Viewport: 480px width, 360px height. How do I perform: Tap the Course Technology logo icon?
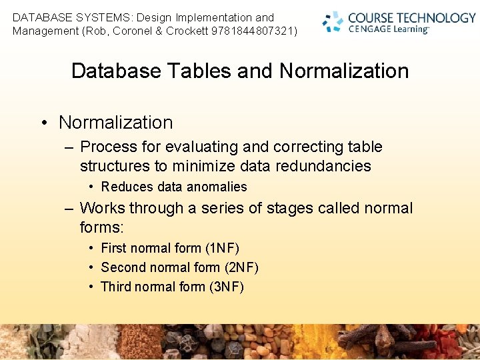(x=333, y=21)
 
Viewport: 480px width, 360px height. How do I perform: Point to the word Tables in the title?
(x=200, y=71)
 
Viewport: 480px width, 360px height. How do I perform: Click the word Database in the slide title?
(x=116, y=71)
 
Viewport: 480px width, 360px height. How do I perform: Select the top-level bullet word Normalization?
(x=116, y=122)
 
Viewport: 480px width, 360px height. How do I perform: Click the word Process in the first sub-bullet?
(x=109, y=146)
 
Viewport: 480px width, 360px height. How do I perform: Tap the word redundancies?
(x=323, y=166)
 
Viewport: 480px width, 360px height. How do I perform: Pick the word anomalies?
(x=217, y=187)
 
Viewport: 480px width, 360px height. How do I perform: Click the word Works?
(x=102, y=208)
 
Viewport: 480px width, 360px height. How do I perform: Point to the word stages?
(x=289, y=209)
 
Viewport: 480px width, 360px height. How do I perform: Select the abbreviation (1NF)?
(x=222, y=248)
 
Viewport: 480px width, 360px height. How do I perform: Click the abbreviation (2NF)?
(x=241, y=267)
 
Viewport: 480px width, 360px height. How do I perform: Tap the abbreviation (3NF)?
(x=227, y=287)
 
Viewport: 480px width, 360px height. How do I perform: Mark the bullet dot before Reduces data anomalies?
(x=91, y=187)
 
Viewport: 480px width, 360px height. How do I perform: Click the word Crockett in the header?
(x=187, y=31)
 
